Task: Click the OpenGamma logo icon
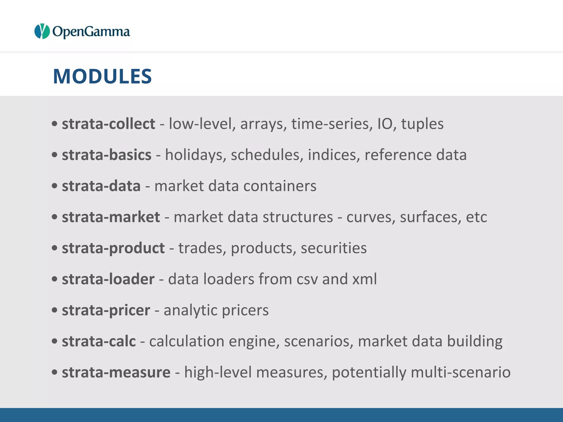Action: pos(42,31)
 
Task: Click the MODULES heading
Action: pos(102,76)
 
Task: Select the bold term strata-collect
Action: pos(109,124)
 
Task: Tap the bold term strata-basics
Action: pos(107,155)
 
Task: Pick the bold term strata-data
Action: pos(101,186)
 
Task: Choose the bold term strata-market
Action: pos(111,217)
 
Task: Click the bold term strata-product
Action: pos(113,248)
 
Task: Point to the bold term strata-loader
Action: pos(108,279)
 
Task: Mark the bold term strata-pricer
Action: pos(106,310)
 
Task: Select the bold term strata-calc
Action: pos(99,341)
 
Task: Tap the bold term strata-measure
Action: pos(116,372)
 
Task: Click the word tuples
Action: pos(422,124)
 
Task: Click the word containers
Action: pos(280,186)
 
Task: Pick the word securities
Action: pos(334,248)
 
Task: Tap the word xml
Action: pos(365,279)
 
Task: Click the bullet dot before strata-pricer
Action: pos(55,310)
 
